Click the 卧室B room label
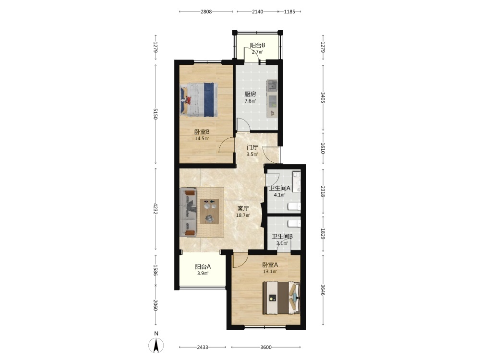tap(202, 132)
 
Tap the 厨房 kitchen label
tap(250, 94)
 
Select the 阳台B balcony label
tap(257, 45)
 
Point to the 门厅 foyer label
tap(252, 147)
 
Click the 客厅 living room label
tap(243, 209)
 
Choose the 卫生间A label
tap(279, 188)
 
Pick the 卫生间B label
tap(282, 236)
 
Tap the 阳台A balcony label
tap(203, 266)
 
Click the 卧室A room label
tap(270, 265)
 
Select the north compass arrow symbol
tap(156, 346)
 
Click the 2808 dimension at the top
tap(206, 12)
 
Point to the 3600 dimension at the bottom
tap(266, 347)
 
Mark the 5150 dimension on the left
tap(156, 114)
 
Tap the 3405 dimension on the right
tap(323, 97)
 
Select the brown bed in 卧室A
tap(281, 298)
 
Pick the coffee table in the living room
tap(209, 212)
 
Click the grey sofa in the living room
tap(188, 212)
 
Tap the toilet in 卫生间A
tap(294, 206)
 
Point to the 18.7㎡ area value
tap(243, 216)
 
